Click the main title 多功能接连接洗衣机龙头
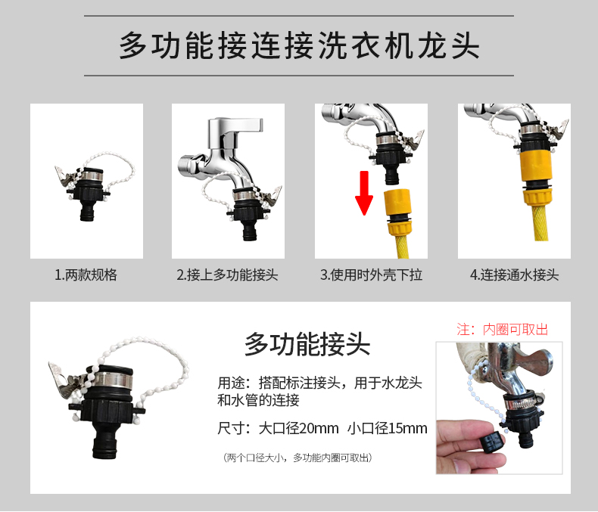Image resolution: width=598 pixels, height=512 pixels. (x=299, y=45)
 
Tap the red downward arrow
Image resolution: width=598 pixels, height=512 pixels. (x=364, y=193)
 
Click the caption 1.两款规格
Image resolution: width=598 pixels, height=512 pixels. (x=86, y=275)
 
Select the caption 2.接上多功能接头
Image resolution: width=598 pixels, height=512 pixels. (x=227, y=275)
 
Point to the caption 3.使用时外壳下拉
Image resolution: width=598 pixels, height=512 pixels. (x=371, y=275)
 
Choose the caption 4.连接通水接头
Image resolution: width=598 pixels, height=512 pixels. (x=514, y=275)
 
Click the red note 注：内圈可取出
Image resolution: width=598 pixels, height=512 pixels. (x=503, y=330)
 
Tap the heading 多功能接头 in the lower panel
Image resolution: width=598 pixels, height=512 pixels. (x=307, y=344)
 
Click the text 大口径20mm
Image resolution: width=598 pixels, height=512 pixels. (x=298, y=429)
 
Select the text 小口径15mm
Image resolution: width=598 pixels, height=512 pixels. (x=387, y=429)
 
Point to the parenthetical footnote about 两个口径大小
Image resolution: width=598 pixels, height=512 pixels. (x=297, y=458)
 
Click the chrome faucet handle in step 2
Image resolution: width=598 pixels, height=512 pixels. (x=235, y=128)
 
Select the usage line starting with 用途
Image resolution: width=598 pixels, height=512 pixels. (x=319, y=392)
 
